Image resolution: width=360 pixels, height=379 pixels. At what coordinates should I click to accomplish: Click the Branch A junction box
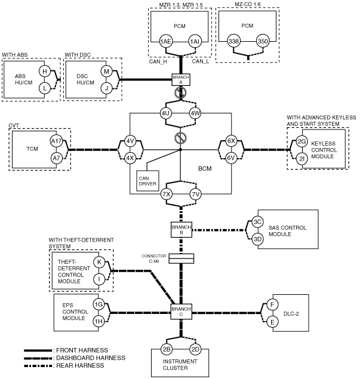click(181, 79)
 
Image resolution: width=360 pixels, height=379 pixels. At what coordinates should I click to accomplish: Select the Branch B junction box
click(181, 230)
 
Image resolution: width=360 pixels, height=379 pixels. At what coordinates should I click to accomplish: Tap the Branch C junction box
click(181, 312)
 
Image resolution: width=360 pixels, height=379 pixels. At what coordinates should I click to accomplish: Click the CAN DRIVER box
click(147, 181)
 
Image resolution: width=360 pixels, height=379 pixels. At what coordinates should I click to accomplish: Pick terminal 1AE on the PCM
click(165, 42)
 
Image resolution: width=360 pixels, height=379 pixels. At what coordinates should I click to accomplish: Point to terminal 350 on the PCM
click(263, 41)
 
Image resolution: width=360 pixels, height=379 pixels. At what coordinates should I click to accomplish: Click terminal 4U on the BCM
click(165, 113)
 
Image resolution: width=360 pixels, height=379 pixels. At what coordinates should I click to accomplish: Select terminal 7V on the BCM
click(195, 194)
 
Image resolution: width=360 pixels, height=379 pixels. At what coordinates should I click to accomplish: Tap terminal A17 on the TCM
click(56, 141)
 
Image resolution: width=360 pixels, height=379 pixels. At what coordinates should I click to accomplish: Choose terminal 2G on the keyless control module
click(301, 141)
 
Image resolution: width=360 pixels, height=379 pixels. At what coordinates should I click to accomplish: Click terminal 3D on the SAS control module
click(257, 239)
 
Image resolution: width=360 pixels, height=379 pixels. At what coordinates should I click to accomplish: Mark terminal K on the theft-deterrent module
click(99, 262)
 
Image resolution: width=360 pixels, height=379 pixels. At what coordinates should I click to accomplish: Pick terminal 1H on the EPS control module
click(99, 322)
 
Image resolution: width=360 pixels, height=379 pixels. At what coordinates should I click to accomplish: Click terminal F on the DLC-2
click(272, 305)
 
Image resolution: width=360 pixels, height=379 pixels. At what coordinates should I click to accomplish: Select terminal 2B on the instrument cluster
click(167, 349)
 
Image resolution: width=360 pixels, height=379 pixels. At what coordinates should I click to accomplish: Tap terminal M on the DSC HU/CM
click(106, 71)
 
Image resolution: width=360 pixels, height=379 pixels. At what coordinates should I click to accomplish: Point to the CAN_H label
click(158, 61)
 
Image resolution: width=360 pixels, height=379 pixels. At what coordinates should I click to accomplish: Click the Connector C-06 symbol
click(181, 258)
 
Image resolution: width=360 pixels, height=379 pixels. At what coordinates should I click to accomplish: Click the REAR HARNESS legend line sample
click(38, 366)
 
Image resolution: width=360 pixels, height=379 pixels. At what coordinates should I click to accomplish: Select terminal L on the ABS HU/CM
click(45, 88)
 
